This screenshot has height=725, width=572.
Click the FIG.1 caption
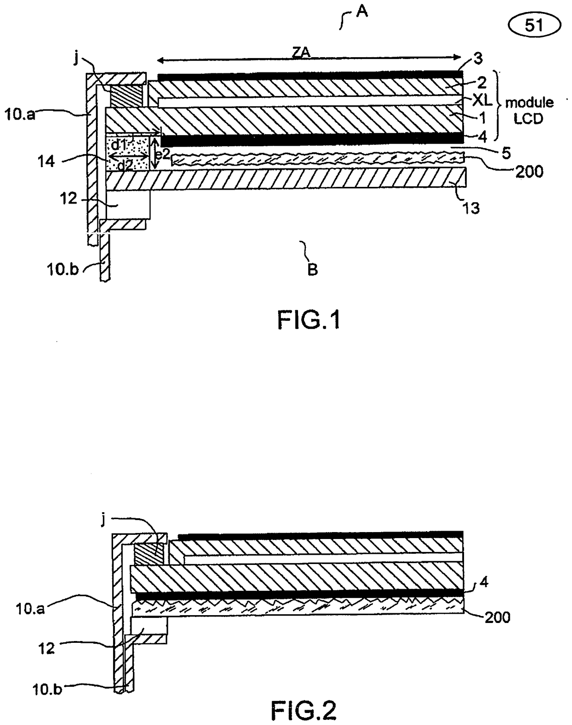[x=309, y=320]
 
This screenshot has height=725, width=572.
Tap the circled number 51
[x=534, y=25]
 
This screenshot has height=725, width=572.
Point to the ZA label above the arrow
[x=301, y=53]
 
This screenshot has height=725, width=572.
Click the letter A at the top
[x=362, y=12]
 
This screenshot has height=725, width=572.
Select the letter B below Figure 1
[x=312, y=270]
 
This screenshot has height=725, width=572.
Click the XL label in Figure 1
[x=482, y=100]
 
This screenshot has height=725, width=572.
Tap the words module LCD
[x=529, y=110]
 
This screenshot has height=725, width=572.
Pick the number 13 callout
[x=471, y=209]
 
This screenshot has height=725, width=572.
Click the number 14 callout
[x=46, y=162]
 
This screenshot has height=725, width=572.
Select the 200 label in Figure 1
[x=529, y=172]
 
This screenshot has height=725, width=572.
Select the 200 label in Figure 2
[x=498, y=617]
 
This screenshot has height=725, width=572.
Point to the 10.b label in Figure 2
[x=48, y=687]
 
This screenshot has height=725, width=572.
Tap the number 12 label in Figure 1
[x=69, y=199]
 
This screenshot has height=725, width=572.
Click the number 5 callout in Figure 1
[x=506, y=154]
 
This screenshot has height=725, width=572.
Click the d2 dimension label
[x=125, y=165]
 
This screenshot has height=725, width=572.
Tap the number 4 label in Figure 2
[x=483, y=582]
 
